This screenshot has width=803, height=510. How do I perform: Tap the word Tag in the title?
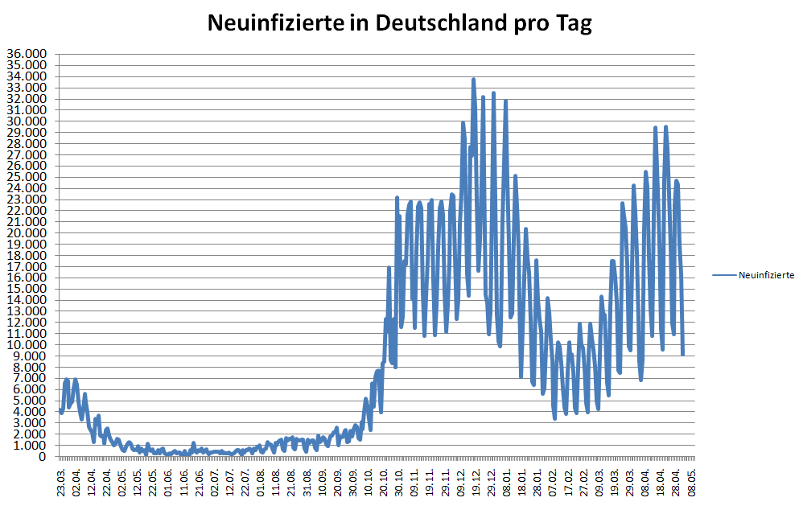pos(574,23)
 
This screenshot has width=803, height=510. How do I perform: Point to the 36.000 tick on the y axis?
pos(27,55)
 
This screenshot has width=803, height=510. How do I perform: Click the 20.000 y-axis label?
pos(27,233)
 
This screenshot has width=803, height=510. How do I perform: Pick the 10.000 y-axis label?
pos(27,344)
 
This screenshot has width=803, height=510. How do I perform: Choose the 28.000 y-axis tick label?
pos(27,144)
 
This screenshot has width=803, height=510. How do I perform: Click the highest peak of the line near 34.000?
pos(474,80)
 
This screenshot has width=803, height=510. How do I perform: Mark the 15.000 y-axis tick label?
pos(27,289)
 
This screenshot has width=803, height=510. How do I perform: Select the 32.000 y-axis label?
pos(27,99)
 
